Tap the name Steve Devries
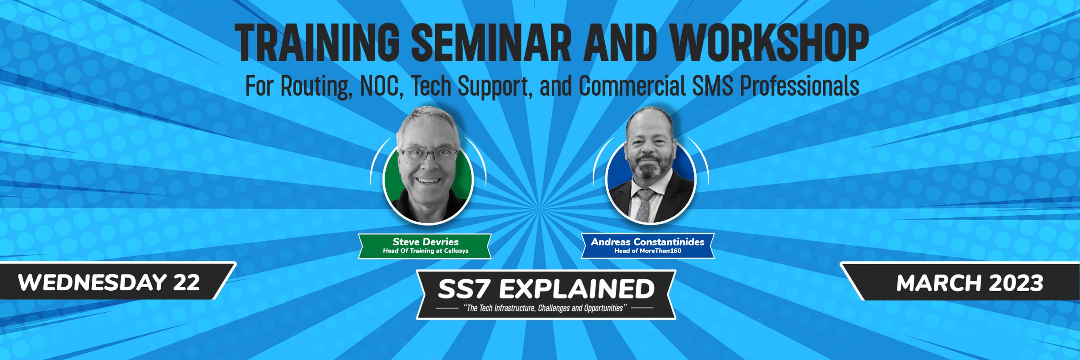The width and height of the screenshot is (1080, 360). coord(425,242)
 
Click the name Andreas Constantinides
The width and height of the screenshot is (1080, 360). coord(648,242)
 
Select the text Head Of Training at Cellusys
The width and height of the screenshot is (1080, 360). coord(425,251)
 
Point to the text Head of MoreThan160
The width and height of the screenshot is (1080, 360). coord(648,251)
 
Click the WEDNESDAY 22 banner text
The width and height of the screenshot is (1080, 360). coord(109,283)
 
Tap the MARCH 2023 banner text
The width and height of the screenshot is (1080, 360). coord(970,283)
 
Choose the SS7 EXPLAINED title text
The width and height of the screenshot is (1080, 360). coord(546,289)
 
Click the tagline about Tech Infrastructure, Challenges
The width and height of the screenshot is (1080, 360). coord(545,309)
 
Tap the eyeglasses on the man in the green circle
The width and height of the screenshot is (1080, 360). coord(429,156)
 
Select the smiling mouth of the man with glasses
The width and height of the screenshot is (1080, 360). coord(428,180)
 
